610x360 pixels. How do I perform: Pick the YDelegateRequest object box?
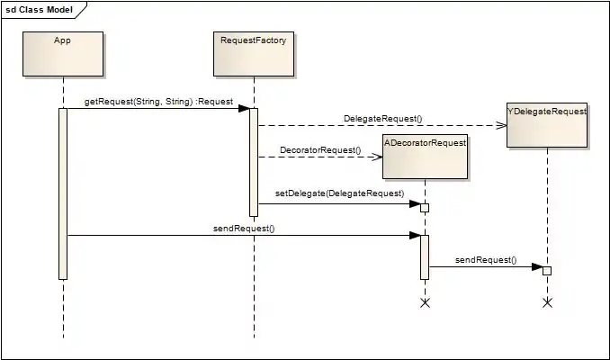[x=547, y=124]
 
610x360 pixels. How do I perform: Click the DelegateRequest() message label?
[x=382, y=119]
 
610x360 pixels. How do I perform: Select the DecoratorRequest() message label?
[x=319, y=149]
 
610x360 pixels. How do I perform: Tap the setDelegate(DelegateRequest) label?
[x=338, y=193]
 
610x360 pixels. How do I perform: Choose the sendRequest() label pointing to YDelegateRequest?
[x=486, y=259]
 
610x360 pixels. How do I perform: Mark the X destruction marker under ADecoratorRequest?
[x=426, y=303]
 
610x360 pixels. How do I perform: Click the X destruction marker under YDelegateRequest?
[x=547, y=303]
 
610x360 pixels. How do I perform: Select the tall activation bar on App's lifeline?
[x=63, y=193]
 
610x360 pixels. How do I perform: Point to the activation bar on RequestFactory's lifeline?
[x=254, y=162]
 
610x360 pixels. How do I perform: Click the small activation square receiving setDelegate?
[x=425, y=208]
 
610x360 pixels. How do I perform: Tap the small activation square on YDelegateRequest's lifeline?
[x=546, y=271]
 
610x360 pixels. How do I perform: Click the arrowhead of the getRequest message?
[x=244, y=109]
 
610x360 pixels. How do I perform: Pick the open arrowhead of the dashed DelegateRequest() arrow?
[x=502, y=126]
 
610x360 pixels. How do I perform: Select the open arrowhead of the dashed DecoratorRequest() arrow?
[x=379, y=157]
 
